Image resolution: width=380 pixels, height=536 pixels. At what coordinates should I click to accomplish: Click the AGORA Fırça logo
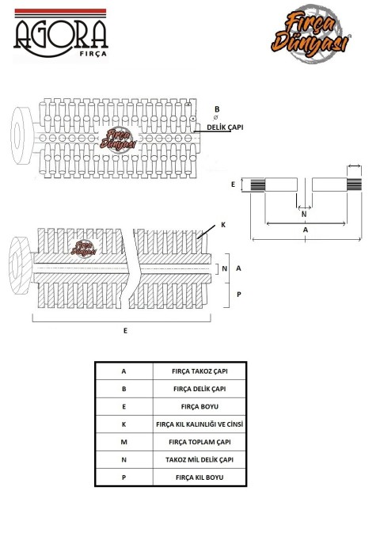[x=60, y=33]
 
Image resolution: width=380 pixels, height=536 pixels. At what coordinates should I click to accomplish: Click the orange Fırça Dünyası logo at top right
[x=310, y=33]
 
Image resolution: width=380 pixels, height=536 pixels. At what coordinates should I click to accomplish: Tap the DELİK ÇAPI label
[x=225, y=127]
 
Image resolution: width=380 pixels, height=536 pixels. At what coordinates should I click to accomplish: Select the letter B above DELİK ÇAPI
[x=217, y=109]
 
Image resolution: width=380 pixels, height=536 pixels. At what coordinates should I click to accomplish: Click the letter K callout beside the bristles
[x=223, y=225]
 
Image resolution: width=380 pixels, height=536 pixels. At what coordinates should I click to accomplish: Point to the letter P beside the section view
[x=239, y=294]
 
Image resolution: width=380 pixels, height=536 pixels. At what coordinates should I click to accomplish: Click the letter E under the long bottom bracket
[x=125, y=331]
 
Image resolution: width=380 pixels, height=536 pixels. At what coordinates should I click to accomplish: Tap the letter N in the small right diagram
[x=304, y=215]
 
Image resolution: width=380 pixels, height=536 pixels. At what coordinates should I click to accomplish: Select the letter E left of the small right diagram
[x=233, y=184]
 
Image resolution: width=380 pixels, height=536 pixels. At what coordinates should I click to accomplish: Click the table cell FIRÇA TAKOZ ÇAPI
[x=199, y=371]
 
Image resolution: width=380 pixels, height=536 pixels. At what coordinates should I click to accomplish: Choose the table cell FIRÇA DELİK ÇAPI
[x=199, y=389]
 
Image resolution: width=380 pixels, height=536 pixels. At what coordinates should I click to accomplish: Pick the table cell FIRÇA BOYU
[x=199, y=407]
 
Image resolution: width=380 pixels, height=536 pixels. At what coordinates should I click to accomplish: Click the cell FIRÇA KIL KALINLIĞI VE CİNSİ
[x=199, y=424]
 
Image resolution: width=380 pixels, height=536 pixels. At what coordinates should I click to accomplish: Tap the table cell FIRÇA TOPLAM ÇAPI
[x=199, y=443]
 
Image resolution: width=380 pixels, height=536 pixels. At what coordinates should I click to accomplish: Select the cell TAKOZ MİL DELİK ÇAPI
[x=199, y=460]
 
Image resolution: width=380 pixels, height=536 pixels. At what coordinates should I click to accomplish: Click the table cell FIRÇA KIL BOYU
[x=199, y=477]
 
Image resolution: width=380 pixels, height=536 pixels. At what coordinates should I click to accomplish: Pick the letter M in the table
[x=123, y=443]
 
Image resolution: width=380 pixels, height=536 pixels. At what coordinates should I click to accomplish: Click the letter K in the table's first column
[x=123, y=424]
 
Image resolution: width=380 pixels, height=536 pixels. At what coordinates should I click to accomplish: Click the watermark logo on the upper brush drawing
[x=118, y=140]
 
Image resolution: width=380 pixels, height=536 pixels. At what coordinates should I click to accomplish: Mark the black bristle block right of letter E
[x=257, y=185]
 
